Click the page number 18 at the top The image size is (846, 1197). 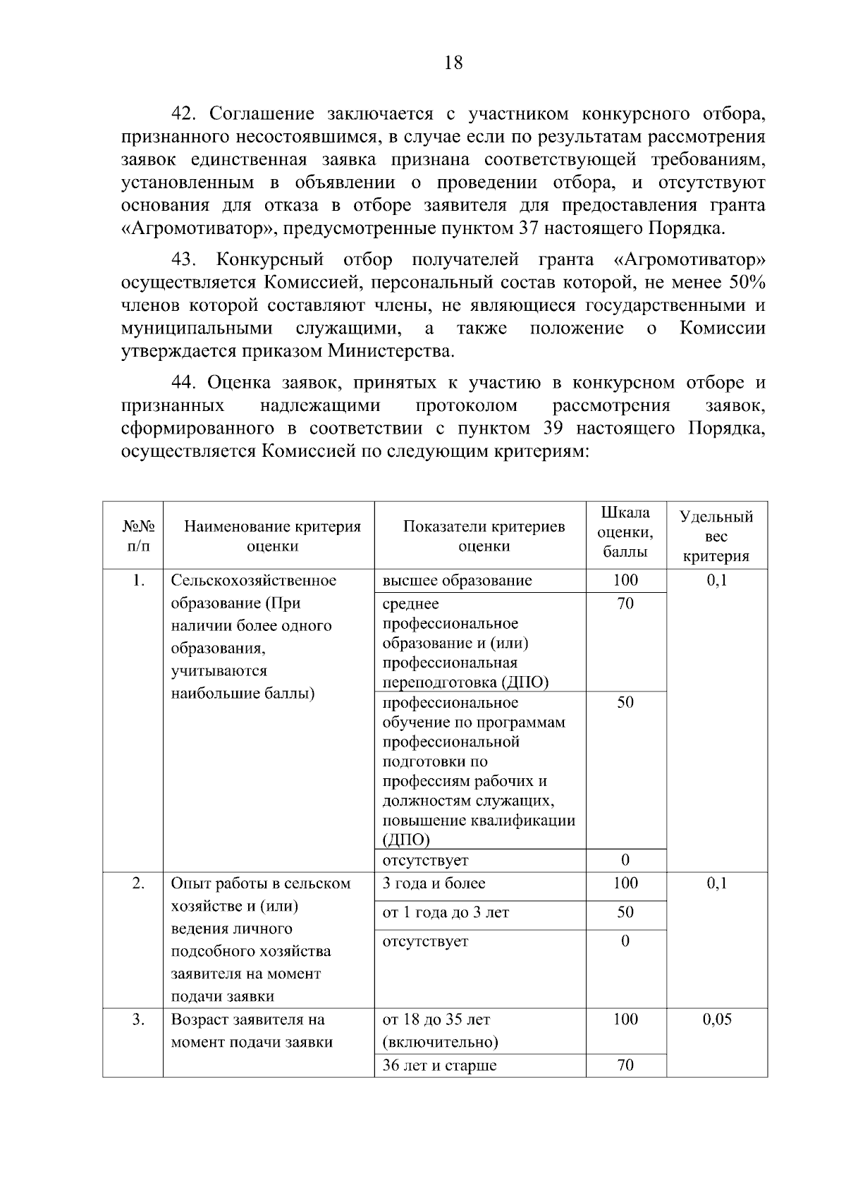coord(453,63)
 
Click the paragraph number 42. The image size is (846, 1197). coord(186,113)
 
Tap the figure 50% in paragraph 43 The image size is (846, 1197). coord(747,283)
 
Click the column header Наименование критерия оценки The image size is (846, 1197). coord(272,536)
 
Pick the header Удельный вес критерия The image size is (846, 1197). coord(716,536)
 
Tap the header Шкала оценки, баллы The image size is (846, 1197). coord(625,532)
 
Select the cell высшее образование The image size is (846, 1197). coord(457,580)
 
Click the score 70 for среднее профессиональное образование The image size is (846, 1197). coord(625,603)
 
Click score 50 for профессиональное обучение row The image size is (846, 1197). coord(625,702)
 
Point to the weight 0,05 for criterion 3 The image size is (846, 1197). coord(716,1019)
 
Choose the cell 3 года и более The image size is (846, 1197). coord(434,883)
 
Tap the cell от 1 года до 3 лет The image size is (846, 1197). coord(445,912)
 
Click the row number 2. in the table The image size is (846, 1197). coord(138,883)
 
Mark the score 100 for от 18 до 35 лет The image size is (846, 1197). coord(625,1019)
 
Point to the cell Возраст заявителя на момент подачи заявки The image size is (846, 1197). coord(252,1031)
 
